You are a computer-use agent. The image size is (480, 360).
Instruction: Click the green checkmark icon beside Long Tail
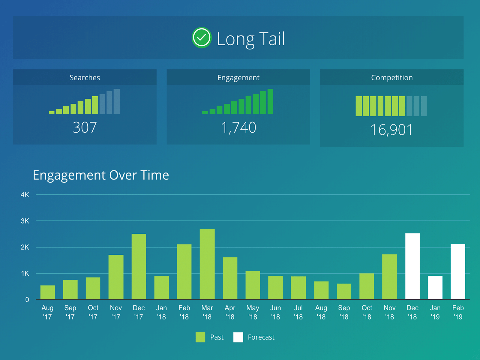tap(201, 37)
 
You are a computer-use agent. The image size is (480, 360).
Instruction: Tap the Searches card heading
tap(85, 78)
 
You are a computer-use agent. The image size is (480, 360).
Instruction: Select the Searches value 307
tap(85, 127)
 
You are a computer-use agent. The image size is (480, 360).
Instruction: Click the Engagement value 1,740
tap(238, 128)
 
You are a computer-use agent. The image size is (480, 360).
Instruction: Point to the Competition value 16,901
tap(392, 130)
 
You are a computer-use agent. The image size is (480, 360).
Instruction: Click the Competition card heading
tap(392, 78)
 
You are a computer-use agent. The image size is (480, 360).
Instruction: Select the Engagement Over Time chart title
tap(101, 175)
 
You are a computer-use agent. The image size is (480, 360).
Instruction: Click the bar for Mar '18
tap(207, 264)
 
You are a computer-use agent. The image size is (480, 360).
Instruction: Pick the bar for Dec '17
tap(139, 266)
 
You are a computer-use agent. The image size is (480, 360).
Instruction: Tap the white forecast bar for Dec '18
tap(412, 266)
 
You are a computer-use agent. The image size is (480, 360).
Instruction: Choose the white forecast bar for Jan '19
tap(435, 288)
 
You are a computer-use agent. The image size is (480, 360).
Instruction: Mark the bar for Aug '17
tap(47, 292)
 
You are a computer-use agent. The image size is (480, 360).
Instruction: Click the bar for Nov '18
tap(389, 277)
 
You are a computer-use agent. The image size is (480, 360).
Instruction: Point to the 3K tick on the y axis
tap(25, 221)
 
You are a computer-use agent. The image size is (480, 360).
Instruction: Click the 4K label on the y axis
tap(25, 195)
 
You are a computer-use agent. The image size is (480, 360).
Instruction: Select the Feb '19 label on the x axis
tap(458, 312)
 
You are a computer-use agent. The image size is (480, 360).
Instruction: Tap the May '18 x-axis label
tap(253, 312)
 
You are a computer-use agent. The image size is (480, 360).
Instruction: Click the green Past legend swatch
tap(200, 337)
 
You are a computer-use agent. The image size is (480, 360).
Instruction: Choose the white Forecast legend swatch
tap(238, 337)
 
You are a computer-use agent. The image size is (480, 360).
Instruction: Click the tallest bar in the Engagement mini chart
tap(270, 101)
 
